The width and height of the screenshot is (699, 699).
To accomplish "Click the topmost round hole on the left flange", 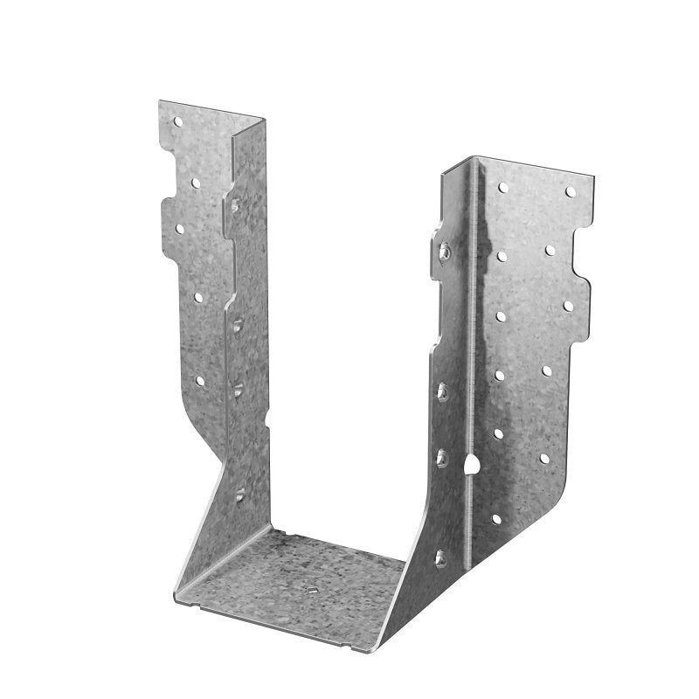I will pos(177,122).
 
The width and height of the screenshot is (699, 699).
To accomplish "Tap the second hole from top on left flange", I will pos(196,183).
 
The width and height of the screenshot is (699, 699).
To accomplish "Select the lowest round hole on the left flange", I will pos(200,381).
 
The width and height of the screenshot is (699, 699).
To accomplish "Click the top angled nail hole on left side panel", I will pos(235,206).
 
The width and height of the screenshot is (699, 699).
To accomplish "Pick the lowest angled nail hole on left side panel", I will pos(239,495).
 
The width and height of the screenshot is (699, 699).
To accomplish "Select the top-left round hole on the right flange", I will pos(502,187).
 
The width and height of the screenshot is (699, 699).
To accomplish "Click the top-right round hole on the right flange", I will pos(571,191).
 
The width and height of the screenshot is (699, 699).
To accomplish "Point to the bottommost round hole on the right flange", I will pos(496,518).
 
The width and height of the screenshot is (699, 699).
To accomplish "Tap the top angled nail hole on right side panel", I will pos(445,251).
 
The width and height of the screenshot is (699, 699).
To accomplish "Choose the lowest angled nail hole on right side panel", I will pos(440,557).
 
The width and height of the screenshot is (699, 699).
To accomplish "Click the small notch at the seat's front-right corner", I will pos(353,648).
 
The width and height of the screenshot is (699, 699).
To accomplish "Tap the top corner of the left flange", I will pos(161,102).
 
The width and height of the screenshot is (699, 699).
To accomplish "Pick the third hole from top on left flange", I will pos(181,229).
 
